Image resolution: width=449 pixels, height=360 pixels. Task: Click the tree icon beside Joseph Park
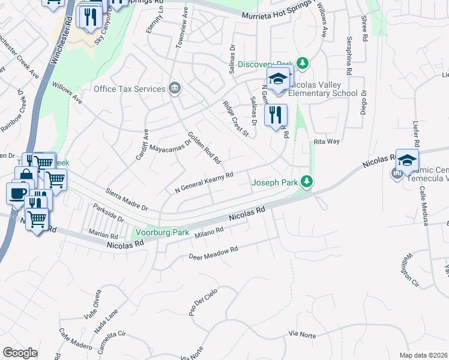click(x=307, y=181)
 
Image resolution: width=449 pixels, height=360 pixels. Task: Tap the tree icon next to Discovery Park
click(x=303, y=64)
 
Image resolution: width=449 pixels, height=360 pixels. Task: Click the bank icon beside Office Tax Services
click(x=174, y=89)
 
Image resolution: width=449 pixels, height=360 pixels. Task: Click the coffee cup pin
click(x=17, y=194)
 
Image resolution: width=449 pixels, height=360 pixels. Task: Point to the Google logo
click(x=20, y=352)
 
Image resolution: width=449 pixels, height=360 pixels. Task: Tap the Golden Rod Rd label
click(x=205, y=148)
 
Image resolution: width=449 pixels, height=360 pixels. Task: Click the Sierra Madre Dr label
click(x=127, y=202)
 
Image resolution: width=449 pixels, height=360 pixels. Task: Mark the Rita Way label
click(x=327, y=142)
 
